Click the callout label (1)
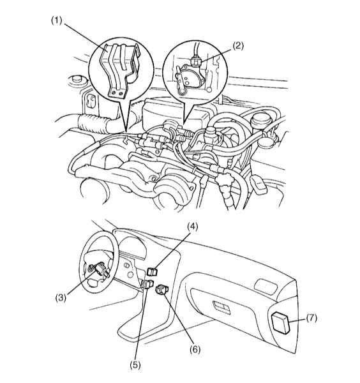tap(57, 20)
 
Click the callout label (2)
tap(237, 46)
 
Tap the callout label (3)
tap(61, 297)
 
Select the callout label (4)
tap(192, 227)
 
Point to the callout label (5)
tap(135, 365)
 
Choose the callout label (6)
tap(195, 350)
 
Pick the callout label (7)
tap(311, 319)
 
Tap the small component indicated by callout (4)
tap(153, 271)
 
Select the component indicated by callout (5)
tap(147, 284)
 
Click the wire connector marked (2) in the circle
tap(195, 61)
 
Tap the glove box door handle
tap(221, 307)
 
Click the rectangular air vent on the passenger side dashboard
tap(266, 285)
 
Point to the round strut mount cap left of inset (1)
tap(76, 80)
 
